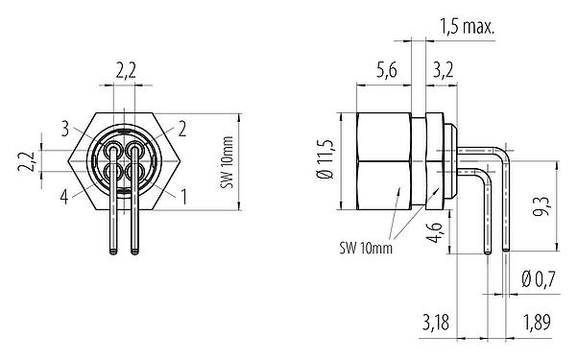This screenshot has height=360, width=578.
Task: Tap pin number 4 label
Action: (x=63, y=198)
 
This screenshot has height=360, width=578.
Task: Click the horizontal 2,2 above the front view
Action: (x=125, y=69)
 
